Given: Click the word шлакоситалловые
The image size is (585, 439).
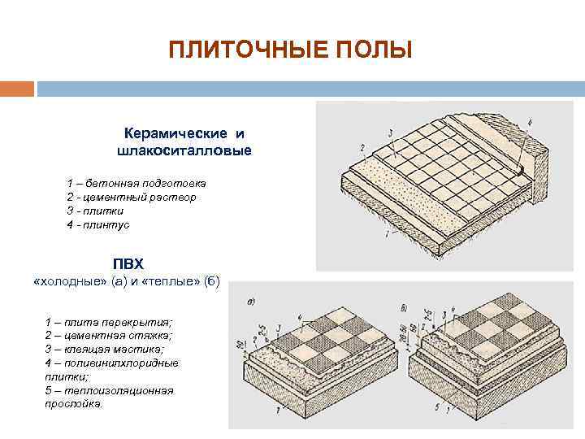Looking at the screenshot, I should (x=184, y=150).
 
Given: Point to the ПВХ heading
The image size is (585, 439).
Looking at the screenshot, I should (x=127, y=264).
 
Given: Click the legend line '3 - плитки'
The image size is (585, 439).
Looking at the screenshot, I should (x=97, y=210).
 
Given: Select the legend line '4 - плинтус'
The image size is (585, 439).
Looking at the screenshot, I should (x=98, y=224).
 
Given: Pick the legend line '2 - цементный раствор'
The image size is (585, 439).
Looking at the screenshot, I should (x=131, y=197).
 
